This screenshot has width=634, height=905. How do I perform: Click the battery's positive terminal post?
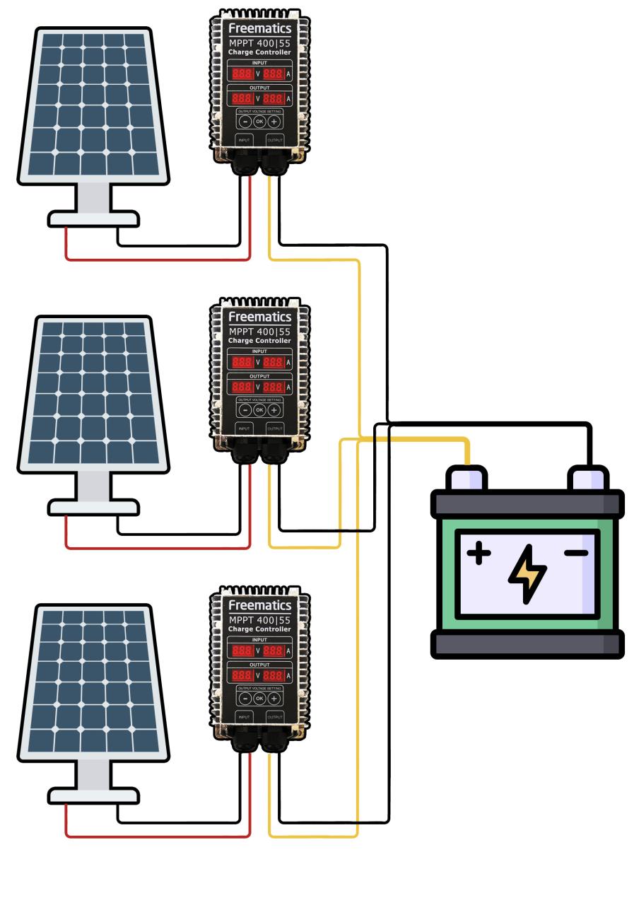tap(466, 479)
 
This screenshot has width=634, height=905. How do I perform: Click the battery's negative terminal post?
tap(589, 479)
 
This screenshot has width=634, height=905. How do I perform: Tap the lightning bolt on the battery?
tap(527, 574)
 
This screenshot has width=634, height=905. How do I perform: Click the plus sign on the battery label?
tap(479, 553)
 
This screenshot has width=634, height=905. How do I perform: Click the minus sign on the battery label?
tap(576, 552)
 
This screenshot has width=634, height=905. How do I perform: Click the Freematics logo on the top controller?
tap(259, 28)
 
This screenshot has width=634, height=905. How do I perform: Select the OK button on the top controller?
tap(259, 121)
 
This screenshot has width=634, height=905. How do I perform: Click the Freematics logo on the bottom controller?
tap(259, 606)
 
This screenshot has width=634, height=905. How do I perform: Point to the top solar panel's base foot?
tap(93, 218)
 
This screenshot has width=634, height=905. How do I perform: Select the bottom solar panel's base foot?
tap(93, 795)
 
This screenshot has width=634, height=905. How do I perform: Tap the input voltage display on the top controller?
tap(242, 74)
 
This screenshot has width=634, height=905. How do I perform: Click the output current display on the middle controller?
tap(274, 387)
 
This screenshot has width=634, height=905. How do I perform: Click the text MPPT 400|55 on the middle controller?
tap(259, 332)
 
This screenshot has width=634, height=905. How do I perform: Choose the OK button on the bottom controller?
tap(259, 698)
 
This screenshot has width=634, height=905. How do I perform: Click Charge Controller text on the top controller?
tap(259, 52)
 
